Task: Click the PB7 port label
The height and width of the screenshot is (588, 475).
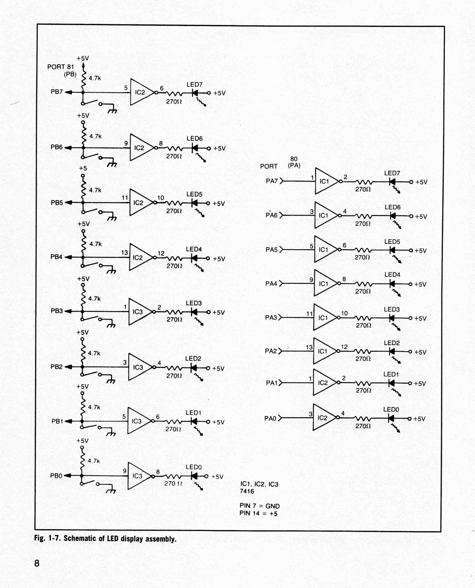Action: point(57,92)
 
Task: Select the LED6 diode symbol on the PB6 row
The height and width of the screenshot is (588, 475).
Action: point(195,148)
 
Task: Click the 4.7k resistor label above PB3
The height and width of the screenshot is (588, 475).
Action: point(94,299)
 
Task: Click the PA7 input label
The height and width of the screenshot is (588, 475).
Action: point(272,181)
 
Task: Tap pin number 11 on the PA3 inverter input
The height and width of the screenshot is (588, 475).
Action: point(309,314)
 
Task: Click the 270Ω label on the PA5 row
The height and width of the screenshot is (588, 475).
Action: point(362,257)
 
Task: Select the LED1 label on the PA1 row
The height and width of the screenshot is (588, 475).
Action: point(391,374)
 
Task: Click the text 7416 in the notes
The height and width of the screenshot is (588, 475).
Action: point(247,491)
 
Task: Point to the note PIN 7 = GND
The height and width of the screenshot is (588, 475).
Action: point(259,506)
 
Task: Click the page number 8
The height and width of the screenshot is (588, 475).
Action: point(37,563)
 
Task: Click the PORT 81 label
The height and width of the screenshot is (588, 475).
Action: point(60,67)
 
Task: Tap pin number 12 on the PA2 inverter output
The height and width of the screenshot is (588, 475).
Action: point(344,347)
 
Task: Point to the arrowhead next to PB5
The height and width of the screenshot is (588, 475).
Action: point(68,202)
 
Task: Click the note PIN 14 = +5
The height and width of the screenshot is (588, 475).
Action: point(258,513)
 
